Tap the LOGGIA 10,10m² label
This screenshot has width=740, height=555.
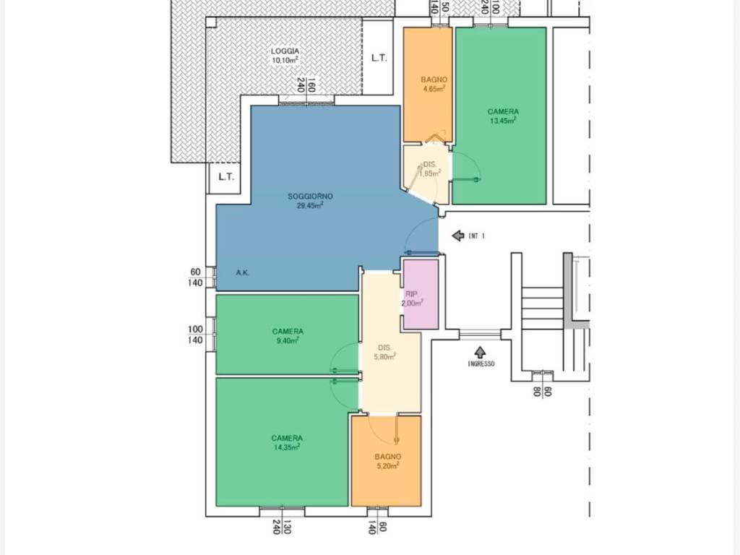coord(285,55)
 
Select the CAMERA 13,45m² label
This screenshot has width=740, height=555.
coord(503,116)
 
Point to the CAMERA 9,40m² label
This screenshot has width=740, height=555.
coord(288,335)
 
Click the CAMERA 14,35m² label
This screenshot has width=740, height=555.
coord(287,442)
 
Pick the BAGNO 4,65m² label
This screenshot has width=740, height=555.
coord(434,84)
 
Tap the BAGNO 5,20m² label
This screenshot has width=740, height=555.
coord(388,460)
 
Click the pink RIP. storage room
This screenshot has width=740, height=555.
coord(420,294)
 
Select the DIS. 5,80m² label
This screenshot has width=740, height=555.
coord(384,352)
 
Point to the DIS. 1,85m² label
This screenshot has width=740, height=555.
coord(430,168)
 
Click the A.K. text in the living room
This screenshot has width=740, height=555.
coord(243,272)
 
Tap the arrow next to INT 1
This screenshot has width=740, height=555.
coord(457,236)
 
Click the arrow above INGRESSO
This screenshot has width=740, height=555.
coord(480,352)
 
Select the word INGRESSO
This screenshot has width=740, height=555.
coord(481,364)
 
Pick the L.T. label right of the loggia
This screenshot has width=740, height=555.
coord(379,58)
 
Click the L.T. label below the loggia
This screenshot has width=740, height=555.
coord(226,177)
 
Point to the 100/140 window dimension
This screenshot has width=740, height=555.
coord(195,335)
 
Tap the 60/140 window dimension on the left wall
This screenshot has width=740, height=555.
coord(196,277)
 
